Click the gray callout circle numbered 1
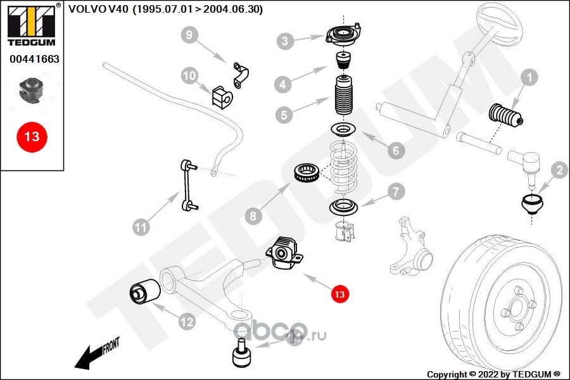[529, 79]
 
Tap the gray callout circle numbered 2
[559, 169]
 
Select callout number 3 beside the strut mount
[286, 42]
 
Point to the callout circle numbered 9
[189, 35]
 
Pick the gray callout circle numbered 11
[141, 225]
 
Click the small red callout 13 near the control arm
[339, 293]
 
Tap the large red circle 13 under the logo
[31, 136]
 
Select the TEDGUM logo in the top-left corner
[30, 26]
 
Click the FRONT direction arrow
[95, 355]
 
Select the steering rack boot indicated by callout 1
[505, 117]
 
